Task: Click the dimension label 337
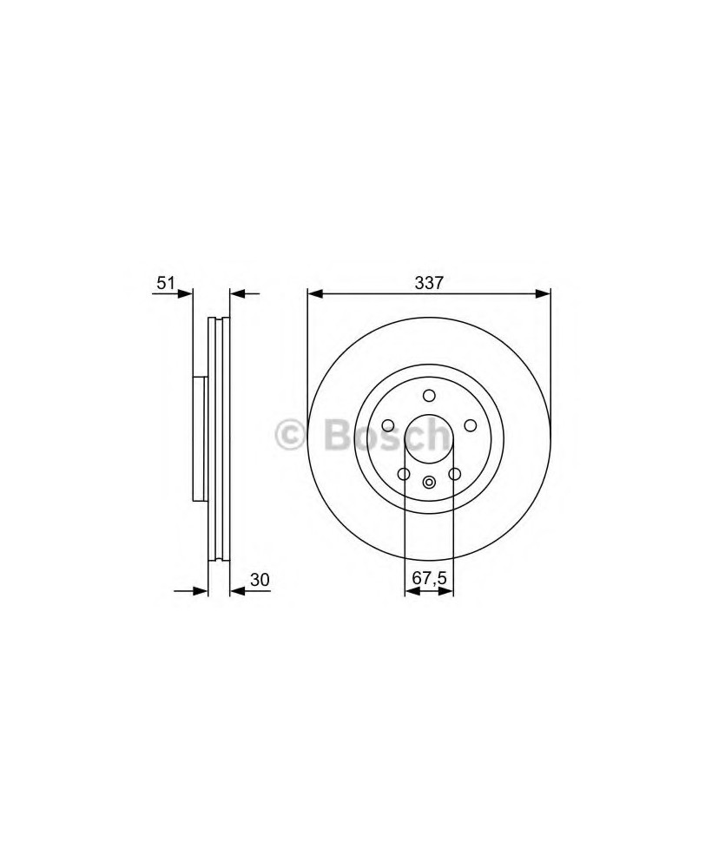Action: tap(429, 283)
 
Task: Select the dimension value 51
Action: tap(166, 283)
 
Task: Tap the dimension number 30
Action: tap(260, 580)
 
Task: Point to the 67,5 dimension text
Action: tap(429, 578)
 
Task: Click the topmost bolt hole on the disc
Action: tap(429, 395)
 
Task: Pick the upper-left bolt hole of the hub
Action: tap(388, 425)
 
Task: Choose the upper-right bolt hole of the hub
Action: tap(471, 425)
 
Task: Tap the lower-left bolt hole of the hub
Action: tap(404, 474)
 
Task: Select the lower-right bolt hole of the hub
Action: tap(455, 474)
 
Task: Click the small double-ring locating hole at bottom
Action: tap(429, 483)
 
